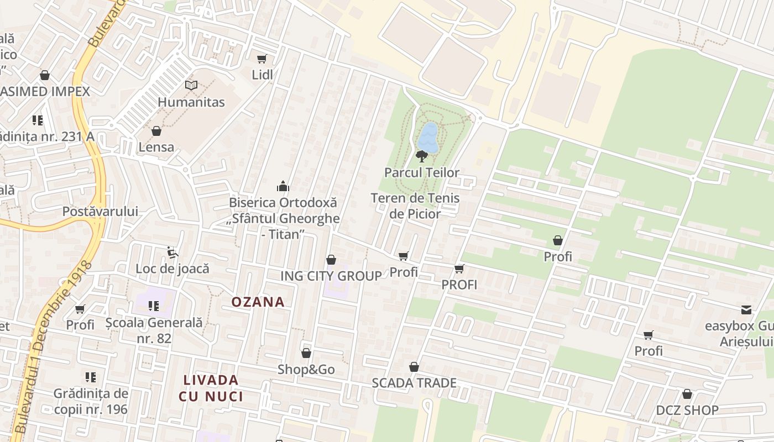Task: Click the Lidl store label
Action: pyautogui.click(x=262, y=75)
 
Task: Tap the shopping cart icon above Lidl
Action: pyautogui.click(x=262, y=59)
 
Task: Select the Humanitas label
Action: pyautogui.click(x=191, y=102)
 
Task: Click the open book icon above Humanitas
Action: pyautogui.click(x=191, y=86)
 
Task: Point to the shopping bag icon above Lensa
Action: pyautogui.click(x=156, y=131)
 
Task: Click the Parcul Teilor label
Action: pyautogui.click(x=422, y=172)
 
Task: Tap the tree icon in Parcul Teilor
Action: pyautogui.click(x=422, y=156)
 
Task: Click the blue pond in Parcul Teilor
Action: pyautogui.click(x=428, y=138)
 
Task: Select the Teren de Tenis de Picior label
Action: pyautogui.click(x=415, y=206)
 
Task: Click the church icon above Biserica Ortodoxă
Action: pyautogui.click(x=283, y=186)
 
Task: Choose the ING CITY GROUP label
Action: pyautogui.click(x=331, y=276)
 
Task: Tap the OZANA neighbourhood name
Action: pyautogui.click(x=258, y=302)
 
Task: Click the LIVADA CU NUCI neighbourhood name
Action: pyautogui.click(x=211, y=388)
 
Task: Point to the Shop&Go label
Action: pyautogui.click(x=306, y=370)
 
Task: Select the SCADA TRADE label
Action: pyautogui.click(x=414, y=383)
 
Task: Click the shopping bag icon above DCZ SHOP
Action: pyautogui.click(x=687, y=394)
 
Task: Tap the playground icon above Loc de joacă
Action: pyautogui.click(x=172, y=252)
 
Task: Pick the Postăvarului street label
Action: pyautogui.click(x=100, y=212)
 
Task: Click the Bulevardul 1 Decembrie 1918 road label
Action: pyautogui.click(x=46, y=354)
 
